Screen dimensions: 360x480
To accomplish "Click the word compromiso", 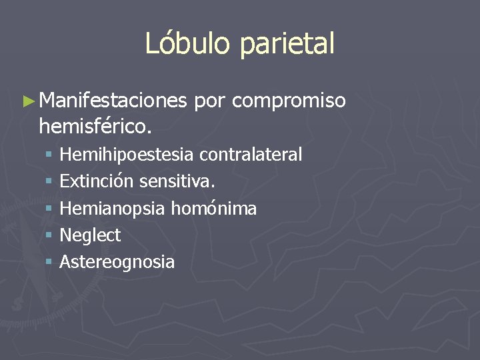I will pyautogui.click(x=289, y=102).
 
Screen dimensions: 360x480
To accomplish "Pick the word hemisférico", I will pyautogui.click(x=96, y=125).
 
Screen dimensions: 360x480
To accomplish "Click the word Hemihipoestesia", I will pyautogui.click(x=127, y=155).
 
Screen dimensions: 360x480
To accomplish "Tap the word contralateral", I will pyautogui.click(x=251, y=155).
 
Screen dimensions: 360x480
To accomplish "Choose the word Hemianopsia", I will pyautogui.click(x=113, y=209).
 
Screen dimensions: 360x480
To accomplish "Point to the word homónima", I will pyautogui.click(x=214, y=208).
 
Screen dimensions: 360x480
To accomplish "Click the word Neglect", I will pyautogui.click(x=90, y=235).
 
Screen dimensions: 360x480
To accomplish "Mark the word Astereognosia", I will pyautogui.click(x=117, y=262).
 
